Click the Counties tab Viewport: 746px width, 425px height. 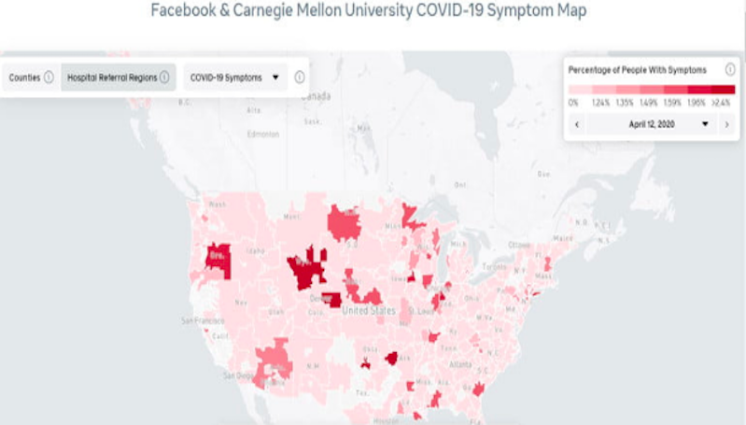click(24, 78)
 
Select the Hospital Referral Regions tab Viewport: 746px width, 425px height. click(111, 78)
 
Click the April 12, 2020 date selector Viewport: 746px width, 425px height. click(651, 123)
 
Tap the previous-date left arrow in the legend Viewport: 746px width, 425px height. click(578, 123)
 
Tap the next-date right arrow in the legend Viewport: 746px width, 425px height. click(725, 123)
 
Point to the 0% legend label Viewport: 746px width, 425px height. click(573, 102)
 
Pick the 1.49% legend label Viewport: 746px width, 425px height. click(646, 102)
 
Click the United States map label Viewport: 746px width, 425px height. click(369, 310)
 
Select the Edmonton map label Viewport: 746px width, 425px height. click(262, 134)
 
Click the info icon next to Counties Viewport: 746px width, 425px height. click(49, 78)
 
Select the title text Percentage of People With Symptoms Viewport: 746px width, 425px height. click(638, 70)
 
